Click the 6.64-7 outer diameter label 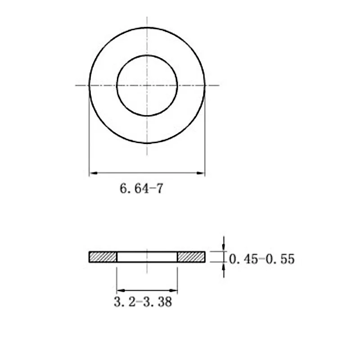click(141, 188)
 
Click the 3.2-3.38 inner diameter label click(143, 301)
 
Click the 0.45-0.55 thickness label click(262, 259)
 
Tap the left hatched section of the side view click(103, 257)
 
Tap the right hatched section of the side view click(191, 257)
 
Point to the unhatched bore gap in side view click(147, 257)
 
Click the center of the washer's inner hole click(147, 85)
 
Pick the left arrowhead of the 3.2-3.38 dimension click(120, 290)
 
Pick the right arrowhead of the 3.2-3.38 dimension click(174, 290)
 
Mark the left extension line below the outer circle click(90, 135)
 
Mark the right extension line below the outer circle click(205, 135)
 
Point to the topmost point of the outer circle click(147, 27)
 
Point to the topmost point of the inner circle click(147, 55)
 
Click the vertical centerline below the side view click(147, 269)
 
